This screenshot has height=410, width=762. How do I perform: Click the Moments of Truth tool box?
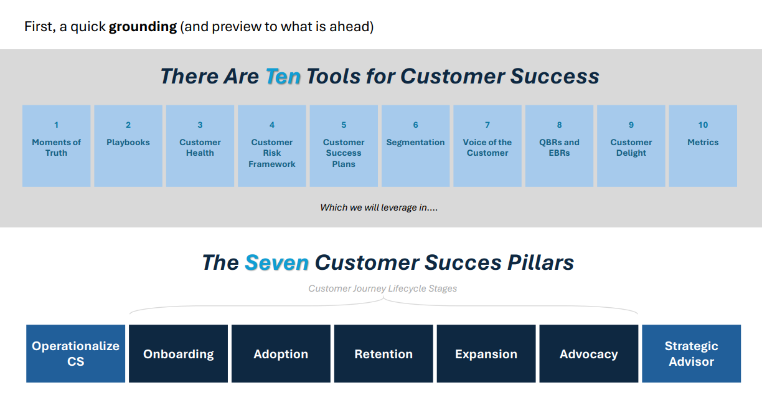[x=57, y=146]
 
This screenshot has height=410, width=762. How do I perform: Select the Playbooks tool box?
[x=128, y=146]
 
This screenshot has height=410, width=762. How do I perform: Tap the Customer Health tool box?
[x=200, y=146]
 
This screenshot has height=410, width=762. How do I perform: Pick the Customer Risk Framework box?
[x=272, y=146]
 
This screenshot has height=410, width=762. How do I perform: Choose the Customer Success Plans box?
[x=344, y=146]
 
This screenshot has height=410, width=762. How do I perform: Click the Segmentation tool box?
[x=415, y=146]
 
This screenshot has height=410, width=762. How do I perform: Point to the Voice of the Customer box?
[x=487, y=146]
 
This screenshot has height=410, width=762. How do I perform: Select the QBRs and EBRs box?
[x=559, y=146]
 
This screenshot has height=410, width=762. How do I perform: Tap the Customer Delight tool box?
[x=631, y=146]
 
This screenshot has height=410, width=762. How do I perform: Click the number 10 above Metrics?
[x=703, y=125]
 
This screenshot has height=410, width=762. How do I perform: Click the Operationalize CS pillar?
[x=75, y=353]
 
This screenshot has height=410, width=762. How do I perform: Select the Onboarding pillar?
[x=178, y=353]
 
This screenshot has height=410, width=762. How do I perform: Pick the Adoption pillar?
[x=281, y=353]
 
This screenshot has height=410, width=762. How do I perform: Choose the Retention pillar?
[x=383, y=353]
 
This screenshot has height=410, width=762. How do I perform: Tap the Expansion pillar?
[x=486, y=353]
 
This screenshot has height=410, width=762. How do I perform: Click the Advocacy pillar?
[x=589, y=353]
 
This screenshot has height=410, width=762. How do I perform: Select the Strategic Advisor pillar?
[x=691, y=353]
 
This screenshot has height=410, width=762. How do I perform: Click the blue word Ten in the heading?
[x=283, y=77]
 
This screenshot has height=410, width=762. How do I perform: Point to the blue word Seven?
[x=276, y=262]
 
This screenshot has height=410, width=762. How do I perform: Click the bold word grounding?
[x=143, y=27]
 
